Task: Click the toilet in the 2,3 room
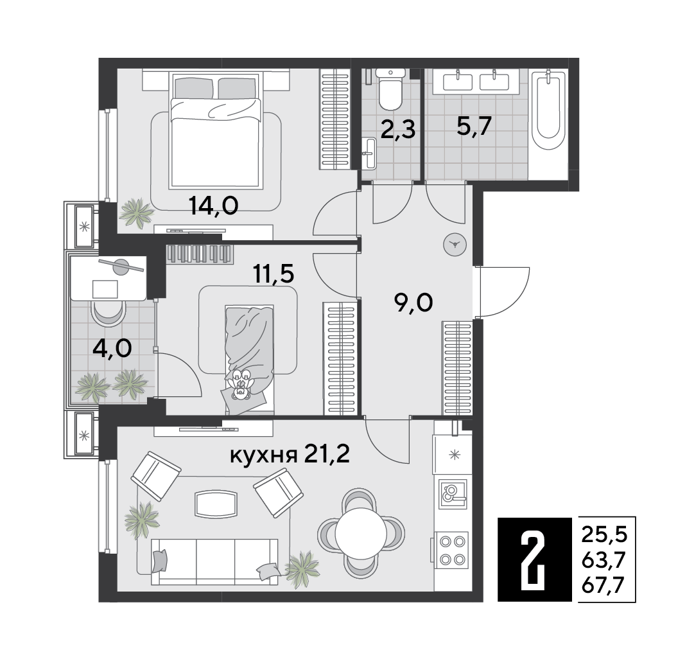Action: pyautogui.click(x=390, y=89)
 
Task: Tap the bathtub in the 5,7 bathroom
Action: pyautogui.click(x=548, y=110)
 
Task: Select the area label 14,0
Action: pyautogui.click(x=214, y=206)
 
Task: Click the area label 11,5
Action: pyautogui.click(x=274, y=274)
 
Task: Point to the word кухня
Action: pyautogui.click(x=264, y=455)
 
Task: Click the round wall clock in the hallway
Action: pyautogui.click(x=455, y=245)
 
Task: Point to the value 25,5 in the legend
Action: pyautogui.click(x=604, y=535)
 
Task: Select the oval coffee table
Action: pyautogui.click(x=216, y=504)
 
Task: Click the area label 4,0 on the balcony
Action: pyautogui.click(x=112, y=348)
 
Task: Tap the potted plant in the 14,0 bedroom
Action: pyautogui.click(x=137, y=212)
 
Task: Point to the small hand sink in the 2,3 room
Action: pyautogui.click(x=370, y=153)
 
